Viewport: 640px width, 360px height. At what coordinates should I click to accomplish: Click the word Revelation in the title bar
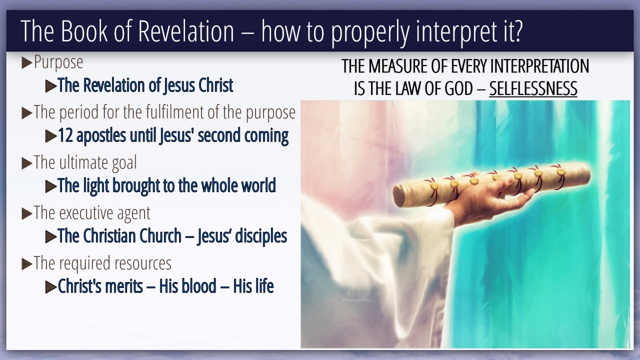tap(186, 31)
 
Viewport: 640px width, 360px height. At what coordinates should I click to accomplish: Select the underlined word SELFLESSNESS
tap(533, 88)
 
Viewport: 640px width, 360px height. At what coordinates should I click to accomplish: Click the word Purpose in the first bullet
tap(58, 62)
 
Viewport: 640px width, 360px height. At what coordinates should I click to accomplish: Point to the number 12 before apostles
tap(65, 135)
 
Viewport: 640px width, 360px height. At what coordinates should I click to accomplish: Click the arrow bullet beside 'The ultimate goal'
tap(27, 163)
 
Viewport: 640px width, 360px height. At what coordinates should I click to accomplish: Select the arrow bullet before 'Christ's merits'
tap(51, 287)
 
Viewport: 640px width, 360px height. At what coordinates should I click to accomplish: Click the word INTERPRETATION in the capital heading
tap(539, 66)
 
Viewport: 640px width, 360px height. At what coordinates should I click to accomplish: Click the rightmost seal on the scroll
tap(561, 171)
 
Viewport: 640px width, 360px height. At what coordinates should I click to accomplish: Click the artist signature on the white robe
tap(358, 300)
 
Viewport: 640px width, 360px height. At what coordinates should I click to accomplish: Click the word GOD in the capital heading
tap(458, 88)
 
